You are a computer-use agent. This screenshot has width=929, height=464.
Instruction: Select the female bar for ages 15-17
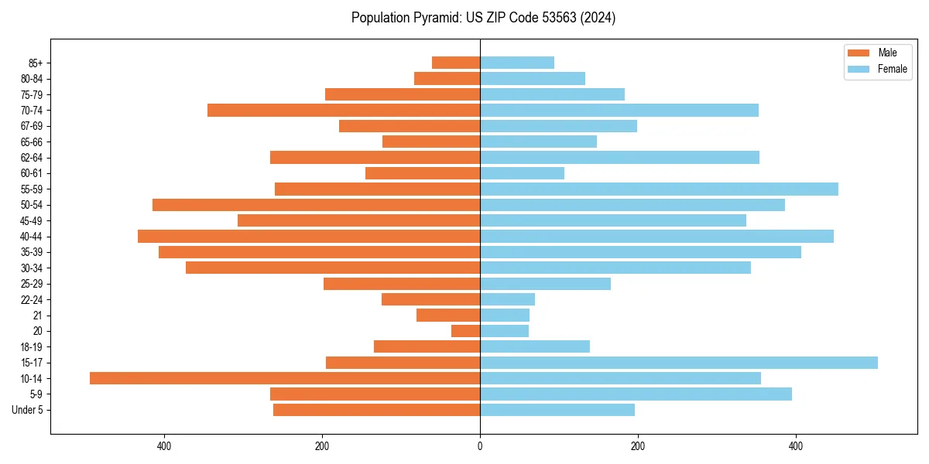(x=679, y=363)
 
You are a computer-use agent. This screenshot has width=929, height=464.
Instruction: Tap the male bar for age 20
(x=466, y=331)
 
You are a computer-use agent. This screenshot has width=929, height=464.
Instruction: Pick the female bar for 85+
(x=517, y=63)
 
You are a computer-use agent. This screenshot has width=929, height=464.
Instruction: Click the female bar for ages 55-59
(x=659, y=189)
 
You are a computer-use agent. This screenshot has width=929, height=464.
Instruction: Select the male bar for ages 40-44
(x=309, y=236)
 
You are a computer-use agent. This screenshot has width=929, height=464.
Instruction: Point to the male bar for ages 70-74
(x=344, y=110)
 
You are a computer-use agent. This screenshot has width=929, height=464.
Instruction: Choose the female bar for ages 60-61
(x=523, y=173)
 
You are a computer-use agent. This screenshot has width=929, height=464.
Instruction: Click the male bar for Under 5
(x=377, y=410)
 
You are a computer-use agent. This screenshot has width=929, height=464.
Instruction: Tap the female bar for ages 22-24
(x=508, y=299)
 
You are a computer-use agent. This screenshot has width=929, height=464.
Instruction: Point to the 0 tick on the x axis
(x=480, y=446)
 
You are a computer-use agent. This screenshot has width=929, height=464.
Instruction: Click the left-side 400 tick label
(x=164, y=446)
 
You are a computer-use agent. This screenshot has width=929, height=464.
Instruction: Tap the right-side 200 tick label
(x=638, y=446)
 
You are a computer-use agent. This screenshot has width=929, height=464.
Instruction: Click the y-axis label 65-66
(x=32, y=142)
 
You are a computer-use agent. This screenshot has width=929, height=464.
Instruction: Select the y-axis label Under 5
(x=27, y=410)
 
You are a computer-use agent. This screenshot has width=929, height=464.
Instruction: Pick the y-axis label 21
(x=38, y=316)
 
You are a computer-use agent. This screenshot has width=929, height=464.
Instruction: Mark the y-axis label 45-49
(x=32, y=220)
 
